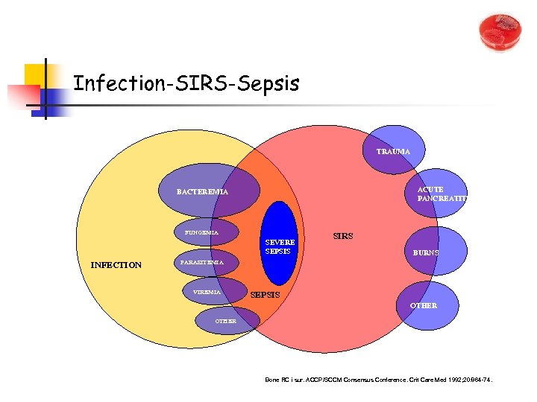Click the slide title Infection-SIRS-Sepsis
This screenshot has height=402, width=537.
tap(186, 83)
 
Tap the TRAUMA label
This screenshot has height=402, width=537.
tap(393, 152)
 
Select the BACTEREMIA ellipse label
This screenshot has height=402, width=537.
tap(202, 192)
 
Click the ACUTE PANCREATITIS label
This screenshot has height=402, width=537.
tap(442, 194)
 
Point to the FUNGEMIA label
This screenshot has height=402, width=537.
tap(201, 232)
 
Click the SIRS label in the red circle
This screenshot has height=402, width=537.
tap(343, 236)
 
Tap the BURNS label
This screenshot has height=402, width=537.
tap(426, 253)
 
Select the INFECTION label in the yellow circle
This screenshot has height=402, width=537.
tap(116, 264)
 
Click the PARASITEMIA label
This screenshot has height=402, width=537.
tap(202, 262)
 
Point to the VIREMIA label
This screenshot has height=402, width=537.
tap(206, 293)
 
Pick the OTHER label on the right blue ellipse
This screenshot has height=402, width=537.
tap(423, 305)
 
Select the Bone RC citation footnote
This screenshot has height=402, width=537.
tap(379, 380)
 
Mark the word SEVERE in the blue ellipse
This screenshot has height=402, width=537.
tap(280, 242)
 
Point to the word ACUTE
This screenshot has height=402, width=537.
tap(430, 190)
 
